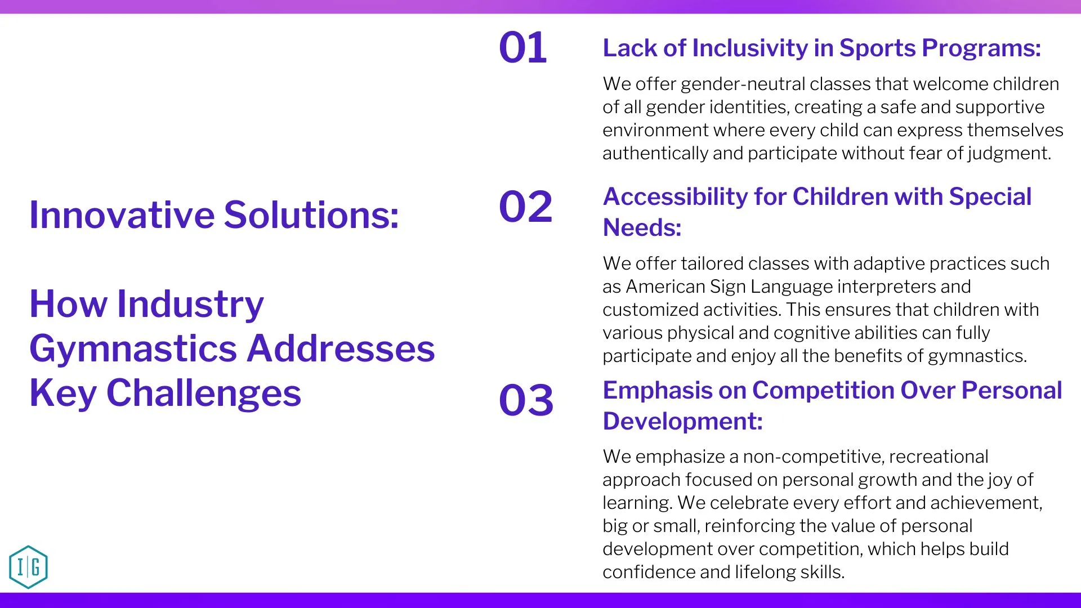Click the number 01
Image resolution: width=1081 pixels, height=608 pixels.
point(523,47)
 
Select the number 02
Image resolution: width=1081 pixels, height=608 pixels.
point(526,206)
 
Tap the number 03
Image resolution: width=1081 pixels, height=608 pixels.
point(526,400)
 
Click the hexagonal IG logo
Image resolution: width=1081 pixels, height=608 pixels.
point(28,567)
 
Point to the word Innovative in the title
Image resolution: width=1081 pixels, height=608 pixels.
point(122,215)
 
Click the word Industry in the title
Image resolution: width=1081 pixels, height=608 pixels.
point(190,304)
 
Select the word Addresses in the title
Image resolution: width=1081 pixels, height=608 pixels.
point(341,348)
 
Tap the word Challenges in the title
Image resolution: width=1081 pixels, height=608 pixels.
point(204,393)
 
